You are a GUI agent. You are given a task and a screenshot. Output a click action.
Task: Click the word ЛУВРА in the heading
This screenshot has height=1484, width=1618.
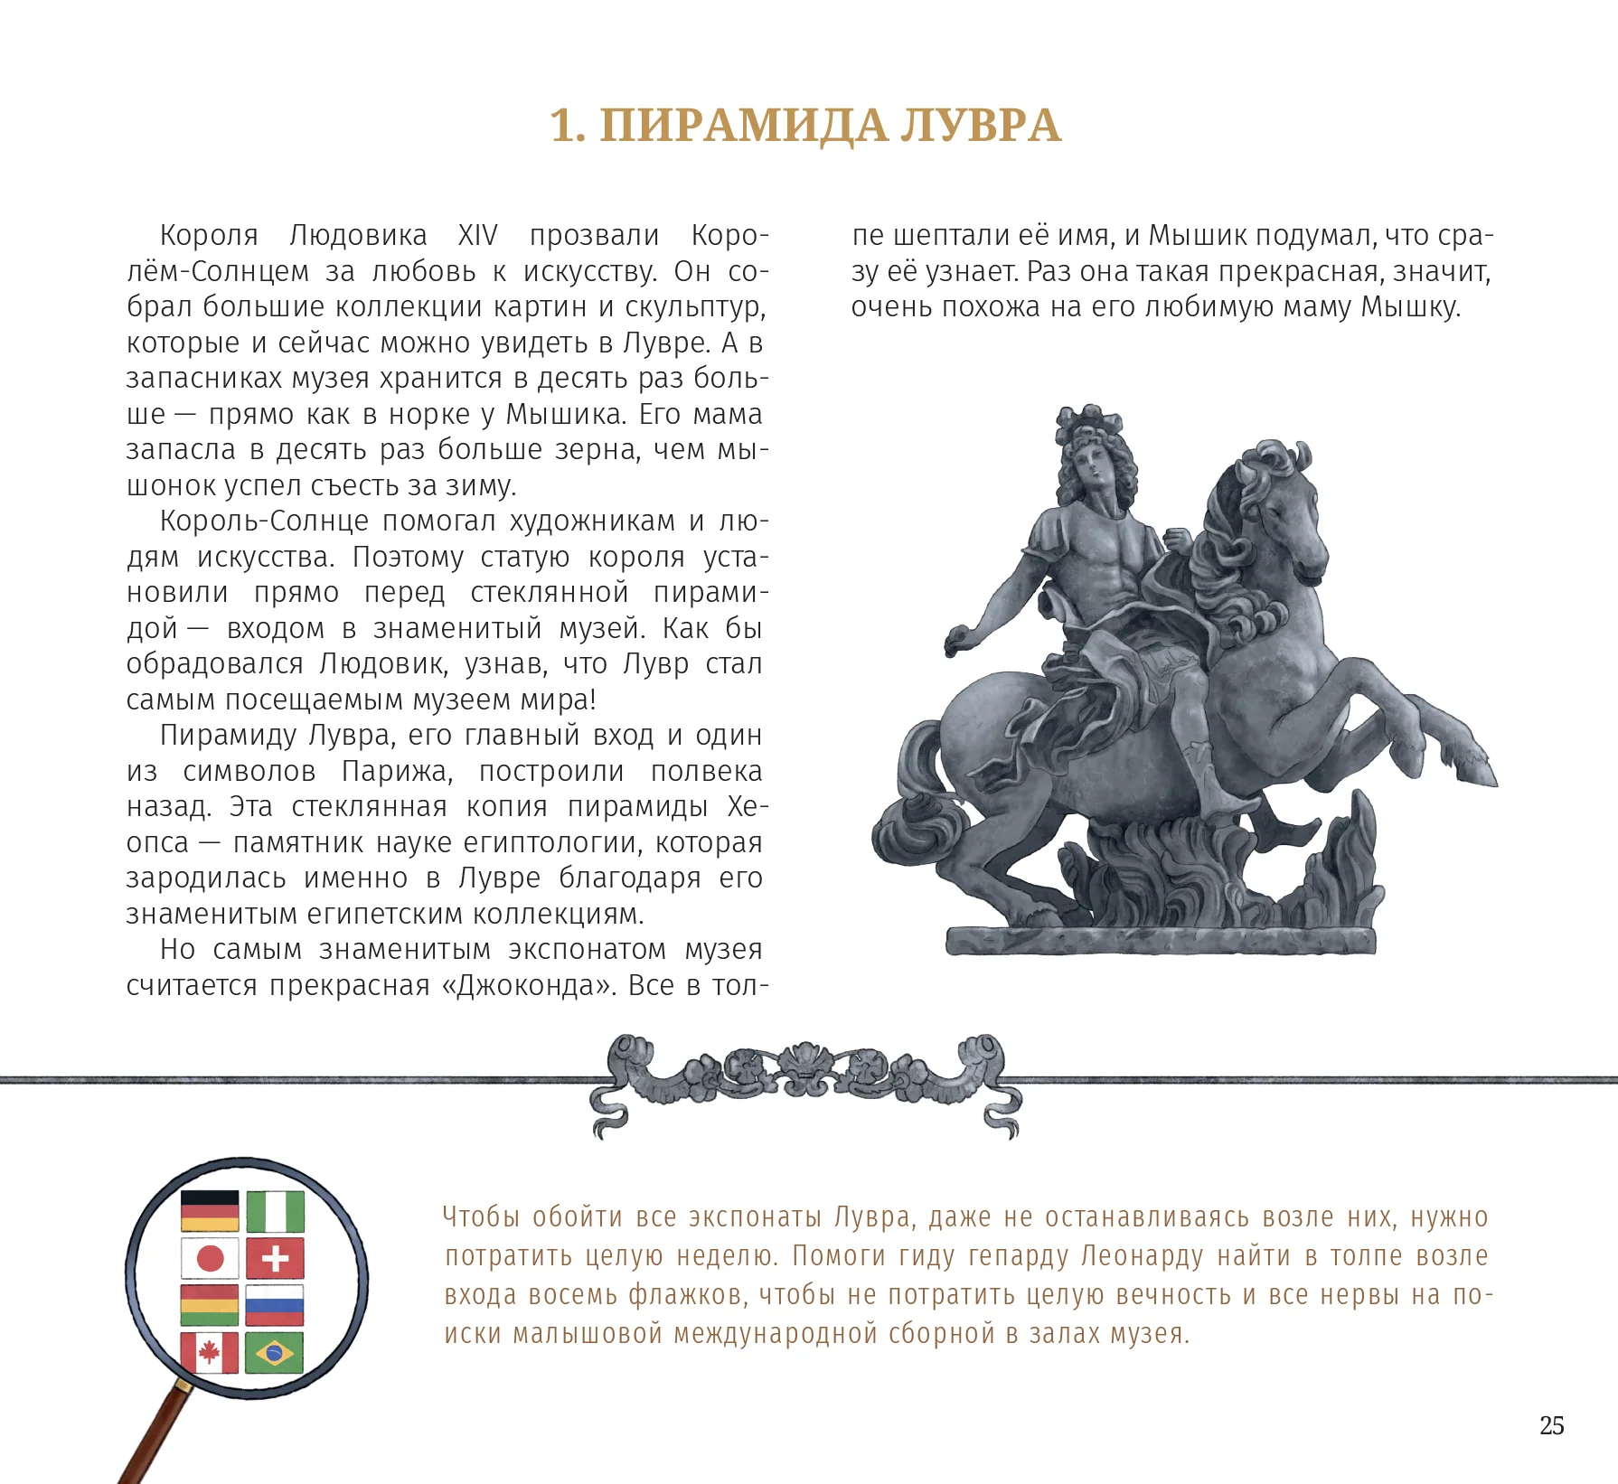click(980, 126)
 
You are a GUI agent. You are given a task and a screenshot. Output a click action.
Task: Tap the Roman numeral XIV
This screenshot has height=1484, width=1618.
click(477, 236)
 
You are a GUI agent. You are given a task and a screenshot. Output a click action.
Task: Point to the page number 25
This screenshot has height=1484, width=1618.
click(1551, 1425)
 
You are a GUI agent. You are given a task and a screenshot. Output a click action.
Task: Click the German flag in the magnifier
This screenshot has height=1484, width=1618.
click(210, 1211)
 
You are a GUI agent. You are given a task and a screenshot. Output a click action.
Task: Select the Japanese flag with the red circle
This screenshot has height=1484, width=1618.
click(210, 1258)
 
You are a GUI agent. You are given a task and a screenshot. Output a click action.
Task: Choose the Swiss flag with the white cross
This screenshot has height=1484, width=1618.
click(275, 1258)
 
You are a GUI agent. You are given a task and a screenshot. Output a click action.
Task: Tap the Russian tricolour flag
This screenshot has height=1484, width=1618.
click(275, 1305)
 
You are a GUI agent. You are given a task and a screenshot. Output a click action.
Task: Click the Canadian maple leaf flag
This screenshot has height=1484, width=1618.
click(210, 1353)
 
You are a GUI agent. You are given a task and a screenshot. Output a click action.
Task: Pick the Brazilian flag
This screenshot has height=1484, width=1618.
click(275, 1353)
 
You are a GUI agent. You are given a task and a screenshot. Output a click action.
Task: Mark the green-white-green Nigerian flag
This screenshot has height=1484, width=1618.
click(275, 1211)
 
